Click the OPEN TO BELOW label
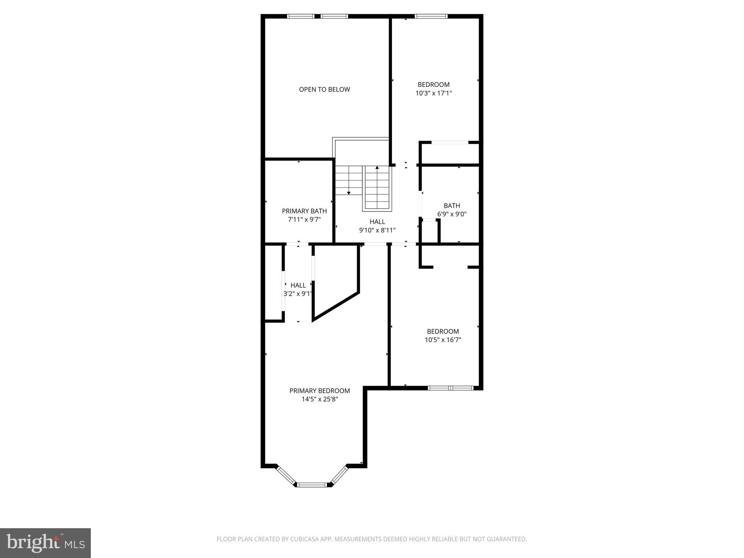point(324,89)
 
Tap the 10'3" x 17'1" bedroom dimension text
point(433,93)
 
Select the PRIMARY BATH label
point(304,211)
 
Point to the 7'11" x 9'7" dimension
point(304,220)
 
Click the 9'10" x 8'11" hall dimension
point(377,230)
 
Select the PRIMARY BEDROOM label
point(319,391)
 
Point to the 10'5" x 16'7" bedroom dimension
point(443,340)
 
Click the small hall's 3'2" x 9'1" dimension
point(298,294)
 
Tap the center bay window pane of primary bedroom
point(312,484)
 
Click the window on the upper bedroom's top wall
point(431,16)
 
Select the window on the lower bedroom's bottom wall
point(450,388)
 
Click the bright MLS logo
point(45,543)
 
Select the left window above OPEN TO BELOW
point(300,16)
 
